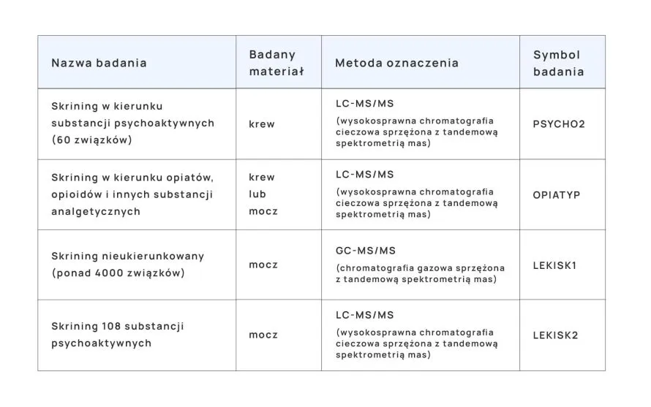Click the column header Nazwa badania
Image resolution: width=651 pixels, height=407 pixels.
(x=99, y=63)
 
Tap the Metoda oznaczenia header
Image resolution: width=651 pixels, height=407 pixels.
(x=396, y=63)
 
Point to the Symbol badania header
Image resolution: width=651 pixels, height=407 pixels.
(x=558, y=63)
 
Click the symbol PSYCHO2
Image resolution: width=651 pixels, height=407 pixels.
(x=559, y=124)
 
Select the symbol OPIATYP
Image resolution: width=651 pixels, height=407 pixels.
(x=556, y=195)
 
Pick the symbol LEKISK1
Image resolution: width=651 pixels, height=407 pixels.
(x=555, y=265)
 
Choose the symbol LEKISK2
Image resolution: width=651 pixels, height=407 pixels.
(x=555, y=335)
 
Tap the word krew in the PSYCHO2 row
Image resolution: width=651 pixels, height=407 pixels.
(x=262, y=124)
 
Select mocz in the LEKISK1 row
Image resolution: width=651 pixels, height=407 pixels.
(x=263, y=265)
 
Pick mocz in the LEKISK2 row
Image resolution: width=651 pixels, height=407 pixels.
(x=263, y=335)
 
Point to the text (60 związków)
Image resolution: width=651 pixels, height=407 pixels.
(x=92, y=140)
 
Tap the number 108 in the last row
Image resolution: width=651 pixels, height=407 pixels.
(x=117, y=326)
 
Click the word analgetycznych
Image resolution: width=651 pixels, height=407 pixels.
(x=96, y=211)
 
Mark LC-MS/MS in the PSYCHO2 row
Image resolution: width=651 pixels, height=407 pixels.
(x=364, y=104)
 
